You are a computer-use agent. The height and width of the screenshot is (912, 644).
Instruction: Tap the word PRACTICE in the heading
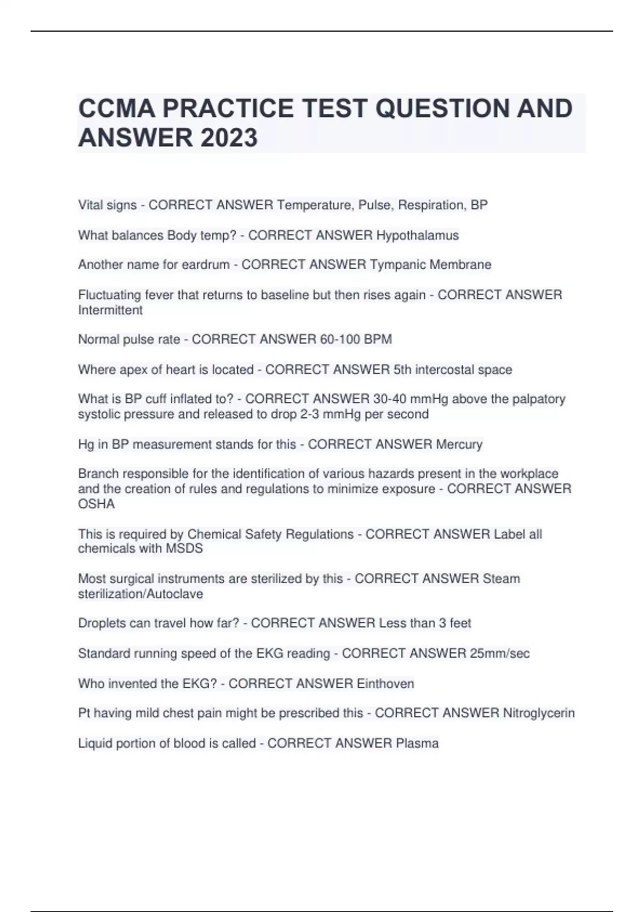(x=228, y=108)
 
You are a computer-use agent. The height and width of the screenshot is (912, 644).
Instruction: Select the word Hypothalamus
(x=417, y=235)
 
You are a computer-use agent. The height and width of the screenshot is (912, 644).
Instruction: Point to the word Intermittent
(x=110, y=310)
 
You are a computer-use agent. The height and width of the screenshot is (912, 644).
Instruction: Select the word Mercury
(x=459, y=444)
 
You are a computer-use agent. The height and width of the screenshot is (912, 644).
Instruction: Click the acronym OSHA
(x=96, y=504)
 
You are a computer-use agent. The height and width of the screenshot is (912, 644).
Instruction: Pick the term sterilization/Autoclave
(x=141, y=594)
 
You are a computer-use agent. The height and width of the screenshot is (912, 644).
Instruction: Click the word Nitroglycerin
(x=538, y=713)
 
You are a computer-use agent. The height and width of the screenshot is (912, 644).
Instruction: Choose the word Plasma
(x=417, y=744)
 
